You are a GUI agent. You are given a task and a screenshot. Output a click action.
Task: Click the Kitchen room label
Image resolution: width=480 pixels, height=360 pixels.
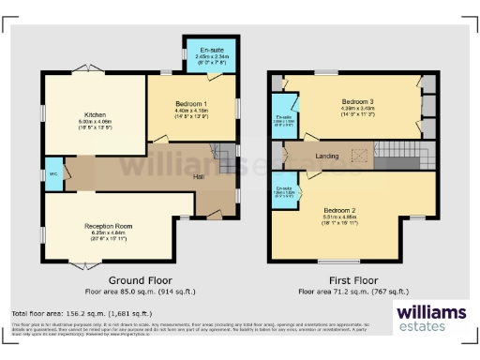(94, 114)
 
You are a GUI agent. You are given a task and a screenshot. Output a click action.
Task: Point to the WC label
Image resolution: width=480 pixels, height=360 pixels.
(53, 173)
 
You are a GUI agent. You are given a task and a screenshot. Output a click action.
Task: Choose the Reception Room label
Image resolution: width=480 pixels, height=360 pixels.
(107, 226)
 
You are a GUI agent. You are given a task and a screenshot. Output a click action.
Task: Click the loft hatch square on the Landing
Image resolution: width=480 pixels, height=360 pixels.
(358, 156)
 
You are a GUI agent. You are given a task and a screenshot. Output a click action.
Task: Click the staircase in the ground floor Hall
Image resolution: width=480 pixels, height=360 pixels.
(220, 151)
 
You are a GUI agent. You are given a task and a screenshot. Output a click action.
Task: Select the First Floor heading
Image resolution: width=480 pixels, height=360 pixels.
(353, 280)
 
